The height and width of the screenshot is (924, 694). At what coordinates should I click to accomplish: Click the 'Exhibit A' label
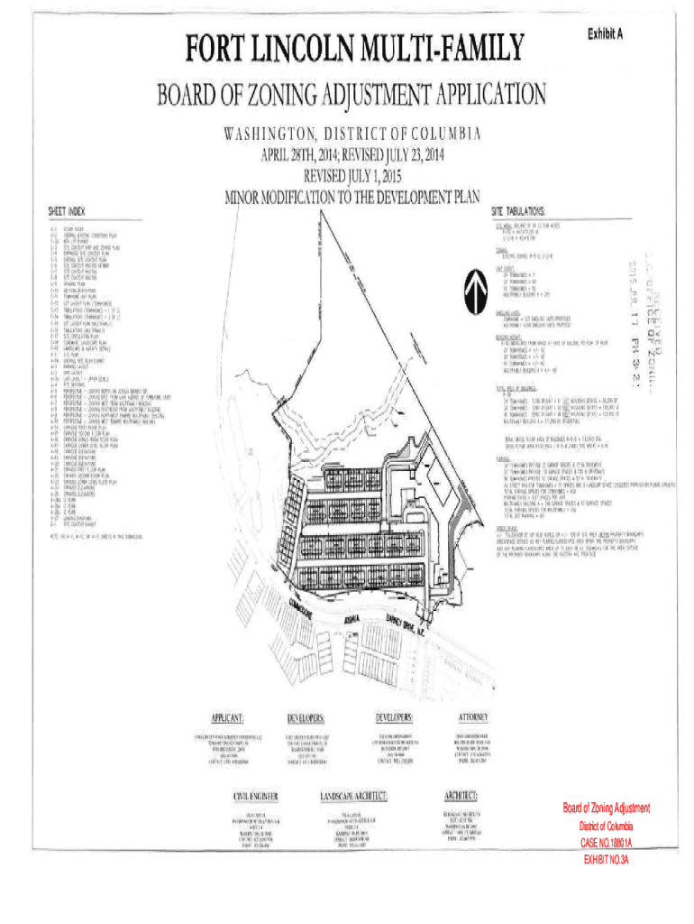(606, 33)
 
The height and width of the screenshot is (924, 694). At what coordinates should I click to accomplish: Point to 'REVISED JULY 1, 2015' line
(352, 174)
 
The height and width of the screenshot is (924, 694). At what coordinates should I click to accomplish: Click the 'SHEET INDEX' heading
(67, 211)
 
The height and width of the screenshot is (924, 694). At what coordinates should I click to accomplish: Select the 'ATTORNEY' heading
(473, 718)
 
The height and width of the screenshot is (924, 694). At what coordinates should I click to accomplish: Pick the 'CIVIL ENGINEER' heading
(255, 797)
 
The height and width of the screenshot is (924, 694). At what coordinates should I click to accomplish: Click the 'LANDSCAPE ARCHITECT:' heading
(353, 797)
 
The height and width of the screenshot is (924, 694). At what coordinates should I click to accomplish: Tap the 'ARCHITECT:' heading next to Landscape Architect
(467, 796)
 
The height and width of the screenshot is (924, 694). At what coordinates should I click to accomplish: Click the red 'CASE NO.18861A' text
(606, 843)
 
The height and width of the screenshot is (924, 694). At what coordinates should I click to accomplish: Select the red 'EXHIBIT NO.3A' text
(606, 860)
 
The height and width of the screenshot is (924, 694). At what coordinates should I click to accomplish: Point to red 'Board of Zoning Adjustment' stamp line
(606, 808)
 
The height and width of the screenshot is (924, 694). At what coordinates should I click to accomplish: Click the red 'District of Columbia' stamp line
(606, 827)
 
